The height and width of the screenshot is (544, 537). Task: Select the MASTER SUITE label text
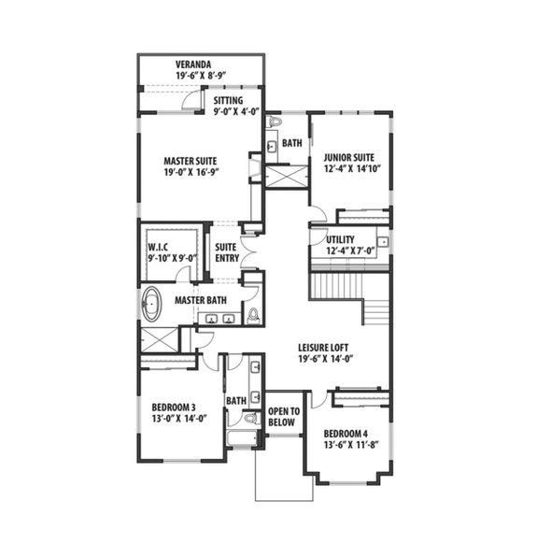coord(191,160)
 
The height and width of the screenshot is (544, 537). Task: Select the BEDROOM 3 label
coord(173,407)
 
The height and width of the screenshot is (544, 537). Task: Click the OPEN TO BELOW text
coord(283,417)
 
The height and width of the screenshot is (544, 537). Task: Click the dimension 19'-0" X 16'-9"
coord(191,172)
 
